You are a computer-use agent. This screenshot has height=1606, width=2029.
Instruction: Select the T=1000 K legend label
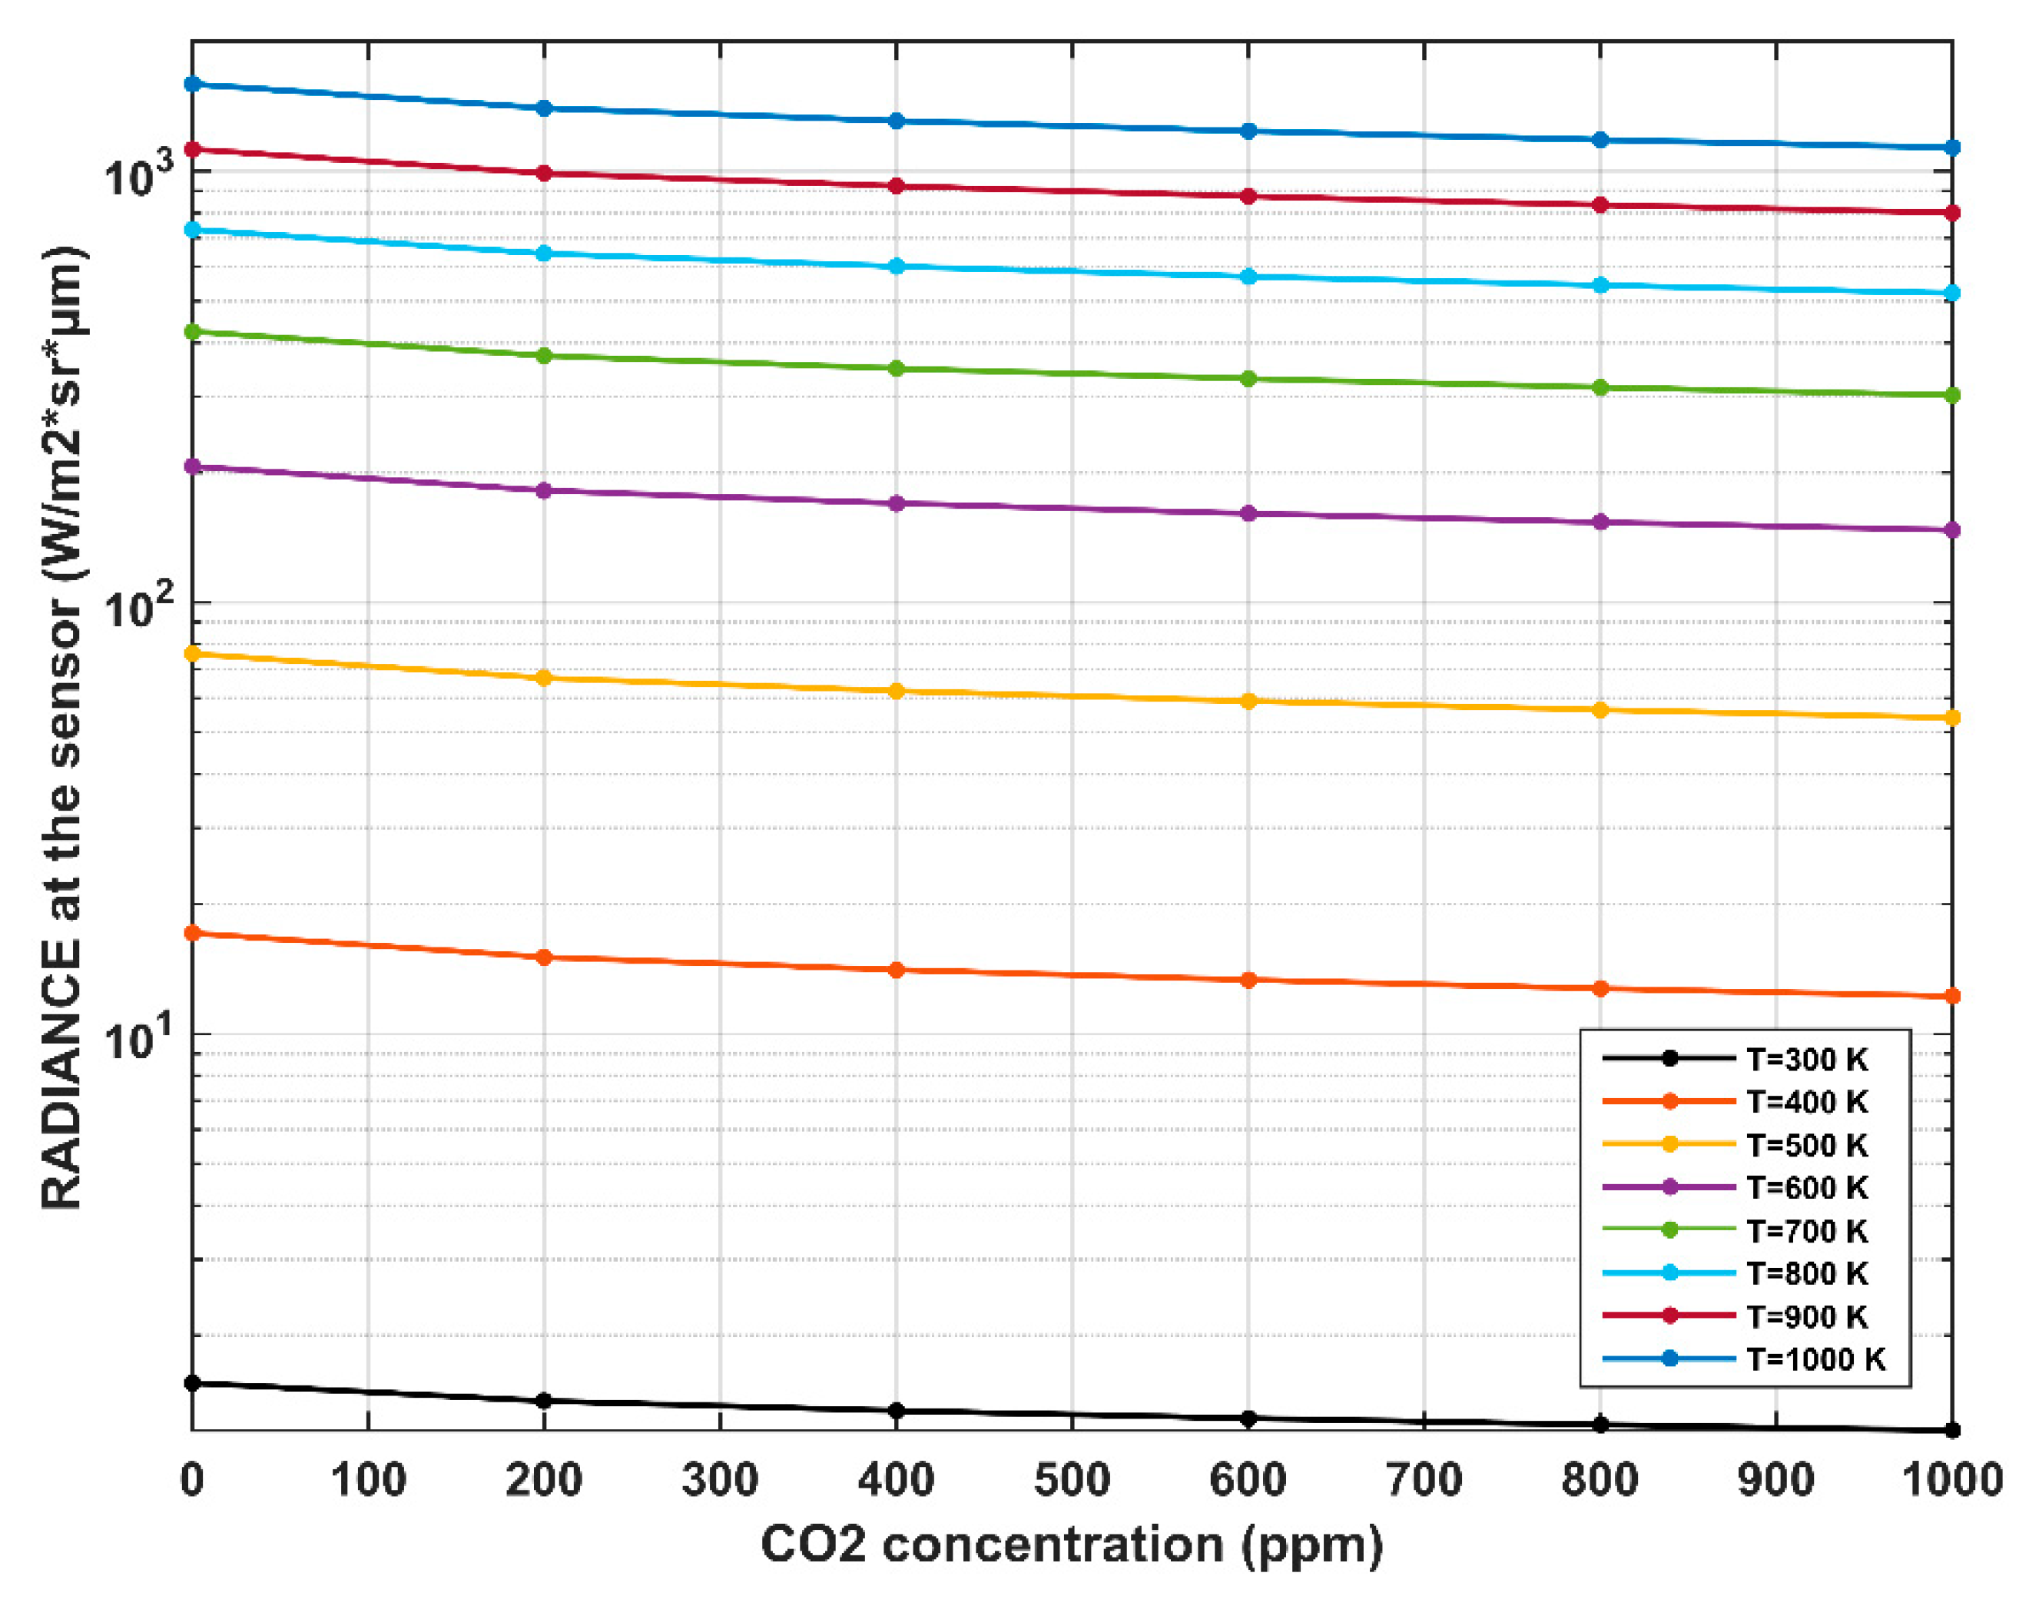pos(1814,1359)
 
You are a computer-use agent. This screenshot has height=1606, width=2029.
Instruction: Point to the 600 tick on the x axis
pos(1247,1480)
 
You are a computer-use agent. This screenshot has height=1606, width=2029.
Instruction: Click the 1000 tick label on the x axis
pos(1951,1480)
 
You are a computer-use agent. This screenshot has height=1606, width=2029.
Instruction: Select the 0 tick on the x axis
pos(192,1480)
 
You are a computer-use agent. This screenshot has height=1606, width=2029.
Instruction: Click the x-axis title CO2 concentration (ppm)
pos(1071,1545)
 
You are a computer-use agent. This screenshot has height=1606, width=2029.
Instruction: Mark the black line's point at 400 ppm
pos(896,1410)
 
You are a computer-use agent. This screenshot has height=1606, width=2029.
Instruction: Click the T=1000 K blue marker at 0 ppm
pos(192,84)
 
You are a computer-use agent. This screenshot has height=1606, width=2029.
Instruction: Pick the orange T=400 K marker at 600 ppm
pos(1248,980)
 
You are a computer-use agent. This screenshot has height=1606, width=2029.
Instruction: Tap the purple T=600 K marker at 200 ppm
pos(543,491)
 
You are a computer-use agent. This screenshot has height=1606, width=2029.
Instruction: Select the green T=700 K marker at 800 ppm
pos(1600,387)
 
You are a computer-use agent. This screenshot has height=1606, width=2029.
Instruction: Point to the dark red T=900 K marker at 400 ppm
pos(896,186)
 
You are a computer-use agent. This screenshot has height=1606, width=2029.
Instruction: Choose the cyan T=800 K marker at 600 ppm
pos(1248,277)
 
